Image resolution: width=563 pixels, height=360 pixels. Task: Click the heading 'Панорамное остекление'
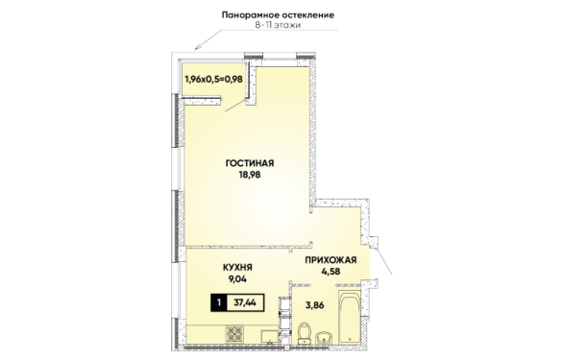(278, 15)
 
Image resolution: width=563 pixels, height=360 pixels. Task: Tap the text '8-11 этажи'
(278, 25)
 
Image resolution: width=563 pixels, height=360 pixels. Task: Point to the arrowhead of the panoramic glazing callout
(197, 47)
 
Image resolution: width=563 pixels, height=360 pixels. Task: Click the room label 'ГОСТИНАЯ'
(250, 163)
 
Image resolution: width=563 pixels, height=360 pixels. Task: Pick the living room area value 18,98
(250, 175)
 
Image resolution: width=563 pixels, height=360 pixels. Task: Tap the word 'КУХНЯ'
(237, 268)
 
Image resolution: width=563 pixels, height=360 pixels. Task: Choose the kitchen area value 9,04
(237, 279)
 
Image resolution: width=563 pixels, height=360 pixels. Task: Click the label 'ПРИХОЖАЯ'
(330, 260)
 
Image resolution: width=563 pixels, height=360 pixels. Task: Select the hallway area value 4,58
(330, 272)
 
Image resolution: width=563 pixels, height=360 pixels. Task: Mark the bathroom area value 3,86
(314, 305)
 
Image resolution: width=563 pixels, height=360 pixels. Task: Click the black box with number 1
(219, 302)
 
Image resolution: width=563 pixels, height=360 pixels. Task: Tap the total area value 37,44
(245, 302)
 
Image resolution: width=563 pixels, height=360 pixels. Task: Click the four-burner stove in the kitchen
(234, 334)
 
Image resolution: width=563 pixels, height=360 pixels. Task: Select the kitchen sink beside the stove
(269, 337)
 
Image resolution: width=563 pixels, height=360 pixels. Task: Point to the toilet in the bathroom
(305, 333)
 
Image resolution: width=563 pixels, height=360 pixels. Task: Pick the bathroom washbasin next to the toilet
(324, 338)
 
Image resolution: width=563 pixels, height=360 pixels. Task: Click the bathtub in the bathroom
(350, 319)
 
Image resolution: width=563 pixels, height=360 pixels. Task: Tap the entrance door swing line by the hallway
(382, 260)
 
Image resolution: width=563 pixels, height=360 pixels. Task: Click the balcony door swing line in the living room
(235, 105)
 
